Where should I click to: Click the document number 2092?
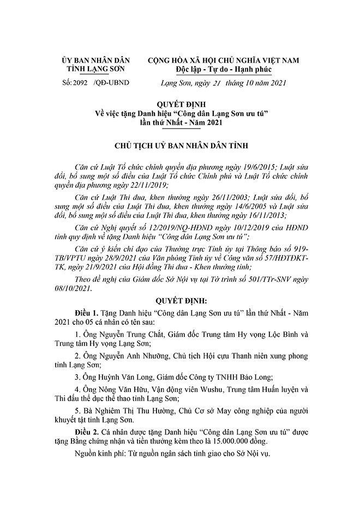coord(79,83)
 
